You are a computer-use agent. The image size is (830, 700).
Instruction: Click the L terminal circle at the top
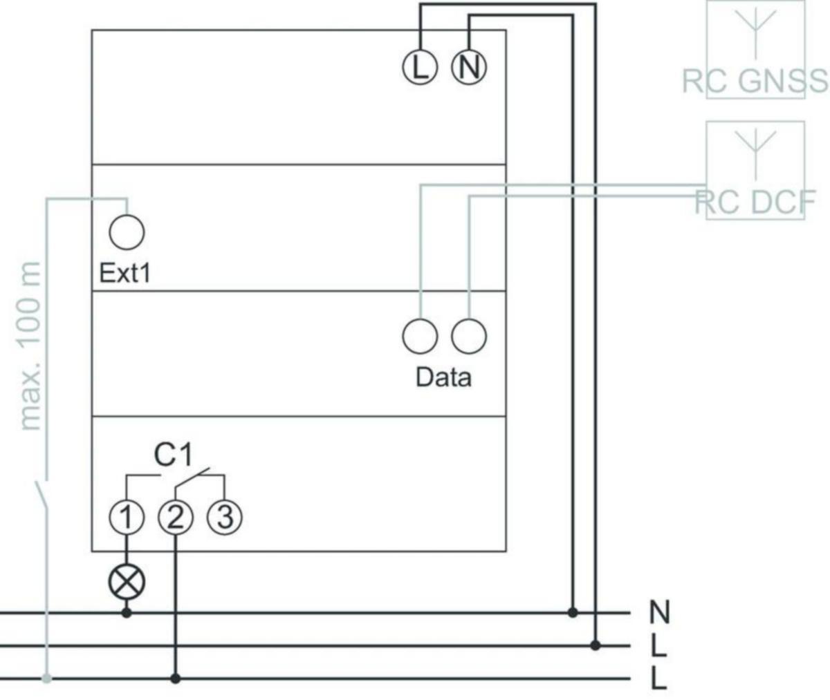[x=420, y=67]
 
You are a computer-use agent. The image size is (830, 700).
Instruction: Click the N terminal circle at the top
[x=469, y=67]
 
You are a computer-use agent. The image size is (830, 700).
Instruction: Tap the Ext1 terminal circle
[x=127, y=231]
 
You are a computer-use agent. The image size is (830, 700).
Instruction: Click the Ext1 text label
[x=124, y=273]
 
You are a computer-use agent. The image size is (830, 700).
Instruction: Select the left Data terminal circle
[x=420, y=337]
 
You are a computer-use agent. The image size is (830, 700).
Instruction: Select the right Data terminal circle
[x=469, y=337]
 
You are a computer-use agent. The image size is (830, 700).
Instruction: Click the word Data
[x=443, y=377]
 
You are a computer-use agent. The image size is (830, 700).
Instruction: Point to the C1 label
[x=174, y=455]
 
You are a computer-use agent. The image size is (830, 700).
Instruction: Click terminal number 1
[x=126, y=516]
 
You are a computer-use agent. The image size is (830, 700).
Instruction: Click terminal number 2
[x=176, y=516]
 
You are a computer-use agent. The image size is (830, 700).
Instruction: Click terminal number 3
[x=225, y=516]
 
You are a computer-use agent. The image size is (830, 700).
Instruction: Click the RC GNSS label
[x=754, y=82]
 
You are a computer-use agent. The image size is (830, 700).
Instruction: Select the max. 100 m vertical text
[x=31, y=346]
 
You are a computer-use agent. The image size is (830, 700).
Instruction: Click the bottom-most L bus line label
[x=658, y=679]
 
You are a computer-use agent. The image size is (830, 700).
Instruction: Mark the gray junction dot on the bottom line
[x=46, y=679]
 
